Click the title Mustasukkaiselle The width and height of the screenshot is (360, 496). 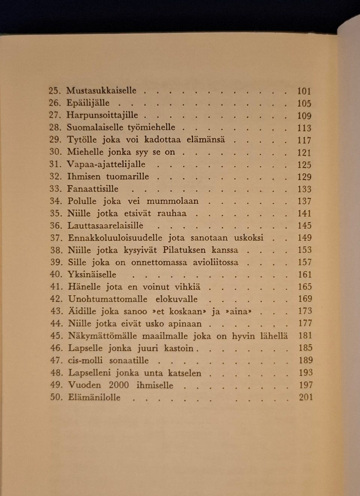[x=101, y=91]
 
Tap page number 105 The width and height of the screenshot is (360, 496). [x=304, y=103]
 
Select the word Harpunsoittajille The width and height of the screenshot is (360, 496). [x=102, y=115]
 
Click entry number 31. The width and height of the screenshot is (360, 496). [x=55, y=165]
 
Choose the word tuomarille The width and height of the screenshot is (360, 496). [x=127, y=177]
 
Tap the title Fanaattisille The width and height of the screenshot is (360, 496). [x=93, y=189]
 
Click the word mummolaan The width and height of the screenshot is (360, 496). [x=172, y=201]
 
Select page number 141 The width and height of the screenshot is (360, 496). [x=304, y=213]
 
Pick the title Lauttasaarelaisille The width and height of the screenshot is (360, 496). [x=105, y=226]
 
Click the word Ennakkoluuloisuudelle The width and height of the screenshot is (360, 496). [x=115, y=238]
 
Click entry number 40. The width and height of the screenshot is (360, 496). [x=56, y=274]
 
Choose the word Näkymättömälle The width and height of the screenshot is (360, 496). [x=102, y=336]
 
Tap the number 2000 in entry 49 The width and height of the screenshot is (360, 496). [x=119, y=385]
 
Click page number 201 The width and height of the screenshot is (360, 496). [x=306, y=397]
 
